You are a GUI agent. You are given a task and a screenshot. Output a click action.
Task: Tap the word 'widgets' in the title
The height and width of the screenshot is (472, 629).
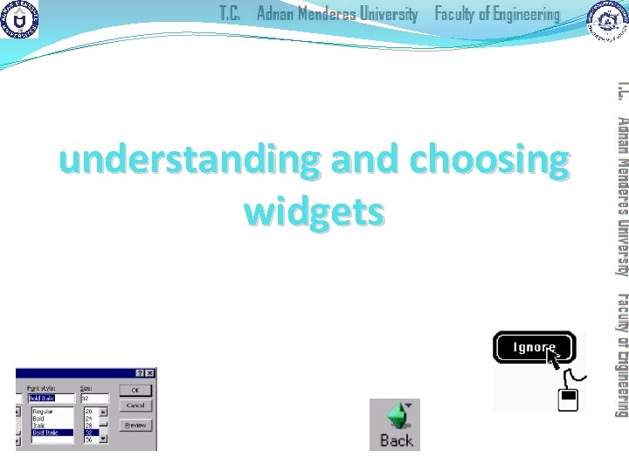click(314, 211)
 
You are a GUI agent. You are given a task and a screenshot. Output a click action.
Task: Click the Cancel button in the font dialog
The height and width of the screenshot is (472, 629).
click(135, 406)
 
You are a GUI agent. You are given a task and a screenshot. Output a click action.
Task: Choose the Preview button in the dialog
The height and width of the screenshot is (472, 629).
click(135, 425)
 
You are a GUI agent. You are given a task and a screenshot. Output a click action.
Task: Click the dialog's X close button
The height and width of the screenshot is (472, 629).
click(149, 374)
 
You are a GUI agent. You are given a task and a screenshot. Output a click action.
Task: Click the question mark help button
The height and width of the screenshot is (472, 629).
click(139, 374)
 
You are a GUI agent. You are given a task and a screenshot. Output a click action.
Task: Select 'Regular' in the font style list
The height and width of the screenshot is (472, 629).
click(43, 411)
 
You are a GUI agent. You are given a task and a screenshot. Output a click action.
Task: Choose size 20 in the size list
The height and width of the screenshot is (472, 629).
click(88, 411)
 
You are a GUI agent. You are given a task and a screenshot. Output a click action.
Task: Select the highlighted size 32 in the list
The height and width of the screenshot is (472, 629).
click(88, 432)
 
